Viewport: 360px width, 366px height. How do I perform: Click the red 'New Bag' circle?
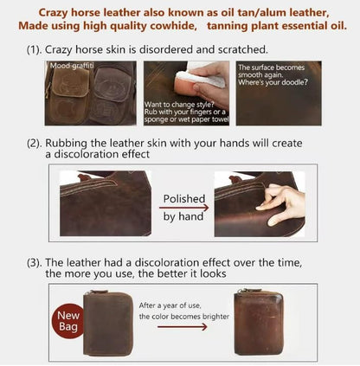(67, 321)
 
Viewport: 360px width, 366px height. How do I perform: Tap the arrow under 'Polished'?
(183, 208)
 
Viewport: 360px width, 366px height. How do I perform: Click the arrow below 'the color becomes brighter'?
(183, 327)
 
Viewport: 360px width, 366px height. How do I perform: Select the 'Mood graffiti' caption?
(72, 66)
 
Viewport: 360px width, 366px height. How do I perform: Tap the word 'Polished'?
(184, 199)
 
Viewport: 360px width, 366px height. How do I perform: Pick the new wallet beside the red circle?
(108, 324)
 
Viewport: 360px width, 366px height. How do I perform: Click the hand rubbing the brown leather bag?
(281, 203)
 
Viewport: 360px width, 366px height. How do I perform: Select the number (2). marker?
(35, 144)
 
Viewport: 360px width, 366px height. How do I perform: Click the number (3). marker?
(35, 263)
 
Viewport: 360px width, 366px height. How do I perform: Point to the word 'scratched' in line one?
(242, 49)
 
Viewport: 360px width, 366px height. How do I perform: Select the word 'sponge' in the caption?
(156, 119)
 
